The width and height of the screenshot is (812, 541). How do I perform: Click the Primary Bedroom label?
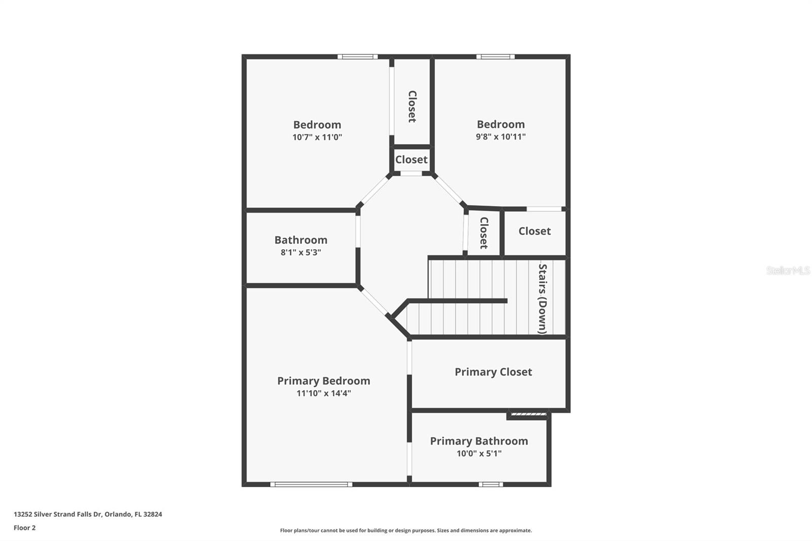[x=323, y=381]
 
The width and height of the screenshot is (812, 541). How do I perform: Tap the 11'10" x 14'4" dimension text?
[x=323, y=393]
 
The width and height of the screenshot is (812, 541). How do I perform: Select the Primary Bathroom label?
[x=479, y=441]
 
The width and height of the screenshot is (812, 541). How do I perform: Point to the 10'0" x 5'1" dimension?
[x=479, y=453]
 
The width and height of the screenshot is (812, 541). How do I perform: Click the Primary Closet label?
[x=493, y=372]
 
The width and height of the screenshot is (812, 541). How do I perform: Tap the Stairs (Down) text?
[x=543, y=298]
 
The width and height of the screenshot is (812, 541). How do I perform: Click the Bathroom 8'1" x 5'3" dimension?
[x=300, y=252]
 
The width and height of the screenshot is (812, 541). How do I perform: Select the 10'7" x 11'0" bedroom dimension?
[x=317, y=137]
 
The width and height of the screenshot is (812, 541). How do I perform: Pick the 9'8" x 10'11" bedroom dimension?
[x=500, y=137]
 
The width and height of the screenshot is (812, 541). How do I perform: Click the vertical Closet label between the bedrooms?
[x=412, y=106]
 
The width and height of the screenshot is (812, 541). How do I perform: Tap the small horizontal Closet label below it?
[x=411, y=159]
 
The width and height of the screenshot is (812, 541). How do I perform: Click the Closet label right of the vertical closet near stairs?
[x=534, y=231]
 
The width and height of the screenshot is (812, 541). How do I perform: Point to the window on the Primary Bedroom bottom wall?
[x=311, y=484]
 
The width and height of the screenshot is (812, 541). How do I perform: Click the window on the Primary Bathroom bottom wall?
[x=490, y=484]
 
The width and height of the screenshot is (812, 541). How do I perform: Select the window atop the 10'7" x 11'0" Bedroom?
[x=357, y=56]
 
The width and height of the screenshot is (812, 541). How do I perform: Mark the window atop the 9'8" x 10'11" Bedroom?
[x=495, y=56]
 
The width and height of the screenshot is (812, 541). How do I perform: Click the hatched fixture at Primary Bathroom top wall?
[x=528, y=415]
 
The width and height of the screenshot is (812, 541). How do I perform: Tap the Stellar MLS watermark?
[x=788, y=270]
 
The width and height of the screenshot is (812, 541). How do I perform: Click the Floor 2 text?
[x=24, y=528]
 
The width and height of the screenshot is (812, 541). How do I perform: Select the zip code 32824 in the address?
[x=153, y=514]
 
